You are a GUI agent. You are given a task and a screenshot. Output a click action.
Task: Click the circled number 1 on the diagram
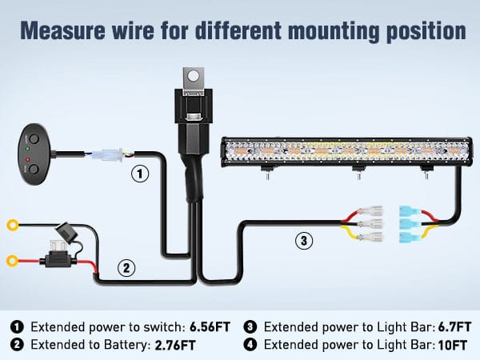140,173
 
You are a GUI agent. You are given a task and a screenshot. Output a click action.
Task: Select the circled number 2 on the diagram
125,268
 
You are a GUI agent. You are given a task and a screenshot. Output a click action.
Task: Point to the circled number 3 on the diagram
302,239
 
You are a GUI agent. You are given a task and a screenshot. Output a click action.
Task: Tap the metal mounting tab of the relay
190,78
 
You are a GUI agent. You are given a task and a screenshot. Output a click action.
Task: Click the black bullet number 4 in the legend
250,345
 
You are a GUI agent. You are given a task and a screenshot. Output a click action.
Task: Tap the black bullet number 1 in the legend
18,327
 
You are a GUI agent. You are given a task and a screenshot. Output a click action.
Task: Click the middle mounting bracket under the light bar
354,171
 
